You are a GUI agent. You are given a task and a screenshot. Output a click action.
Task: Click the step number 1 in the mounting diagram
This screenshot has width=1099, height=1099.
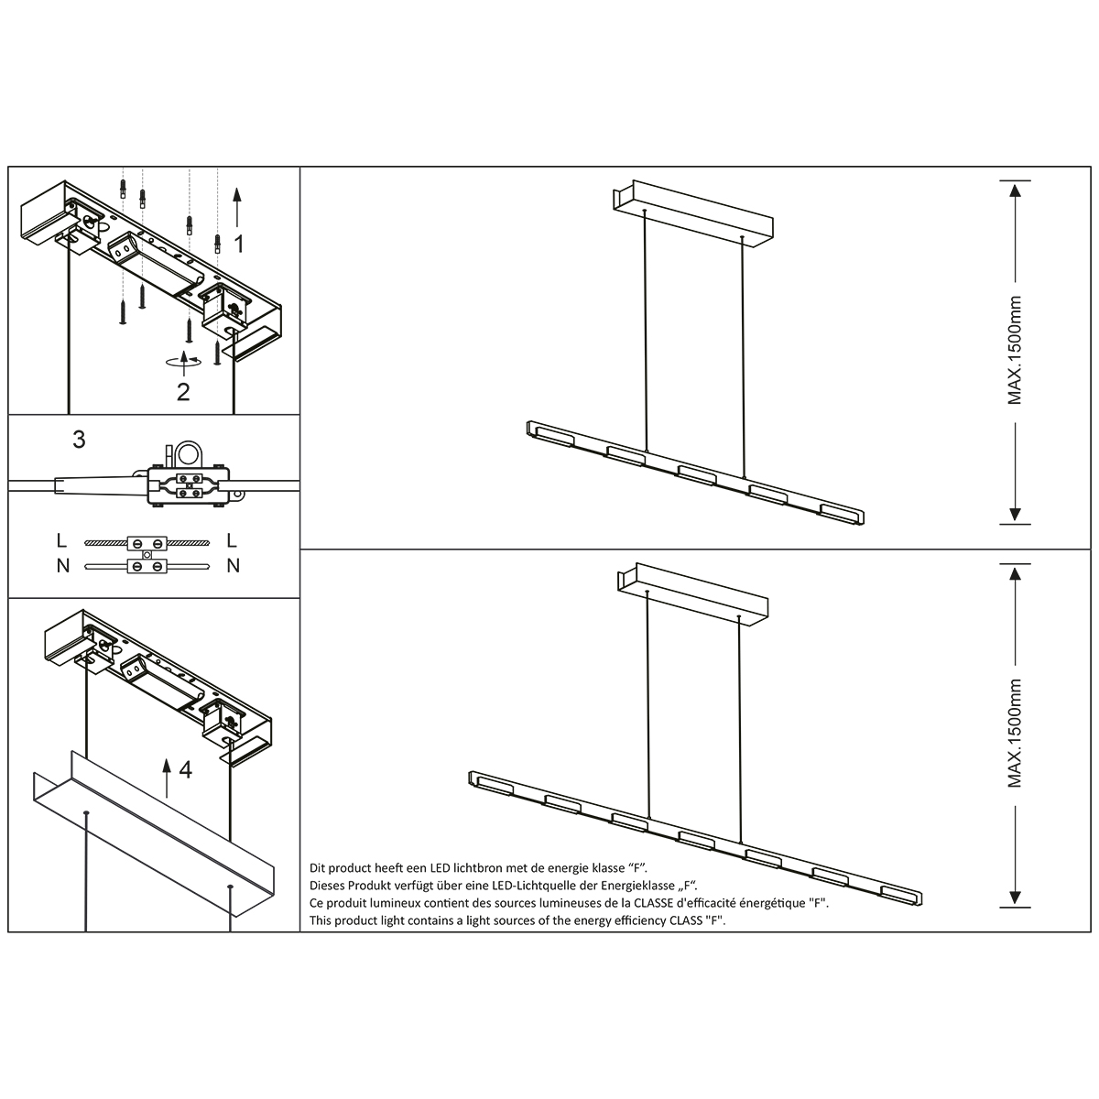pos(239,244)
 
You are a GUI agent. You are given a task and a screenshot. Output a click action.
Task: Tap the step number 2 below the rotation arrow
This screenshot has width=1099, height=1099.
pos(183,392)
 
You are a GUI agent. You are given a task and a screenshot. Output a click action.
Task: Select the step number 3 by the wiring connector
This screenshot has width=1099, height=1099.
pos(79,440)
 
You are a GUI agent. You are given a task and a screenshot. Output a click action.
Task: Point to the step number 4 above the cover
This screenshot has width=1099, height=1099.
pos(186,770)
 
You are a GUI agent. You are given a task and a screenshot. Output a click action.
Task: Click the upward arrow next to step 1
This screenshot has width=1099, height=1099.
pos(237,206)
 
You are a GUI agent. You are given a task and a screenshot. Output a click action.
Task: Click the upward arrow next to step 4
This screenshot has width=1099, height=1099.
pos(166,778)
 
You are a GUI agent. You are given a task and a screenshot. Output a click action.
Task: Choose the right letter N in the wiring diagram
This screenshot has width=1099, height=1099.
pos(233,565)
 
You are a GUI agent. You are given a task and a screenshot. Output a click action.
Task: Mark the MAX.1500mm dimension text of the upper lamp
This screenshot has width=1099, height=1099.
pos(1015,351)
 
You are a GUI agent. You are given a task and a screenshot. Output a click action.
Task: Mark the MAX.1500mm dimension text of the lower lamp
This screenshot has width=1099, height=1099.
pos(1015,734)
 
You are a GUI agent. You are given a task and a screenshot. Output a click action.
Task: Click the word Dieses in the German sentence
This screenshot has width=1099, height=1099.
pos(329,885)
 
